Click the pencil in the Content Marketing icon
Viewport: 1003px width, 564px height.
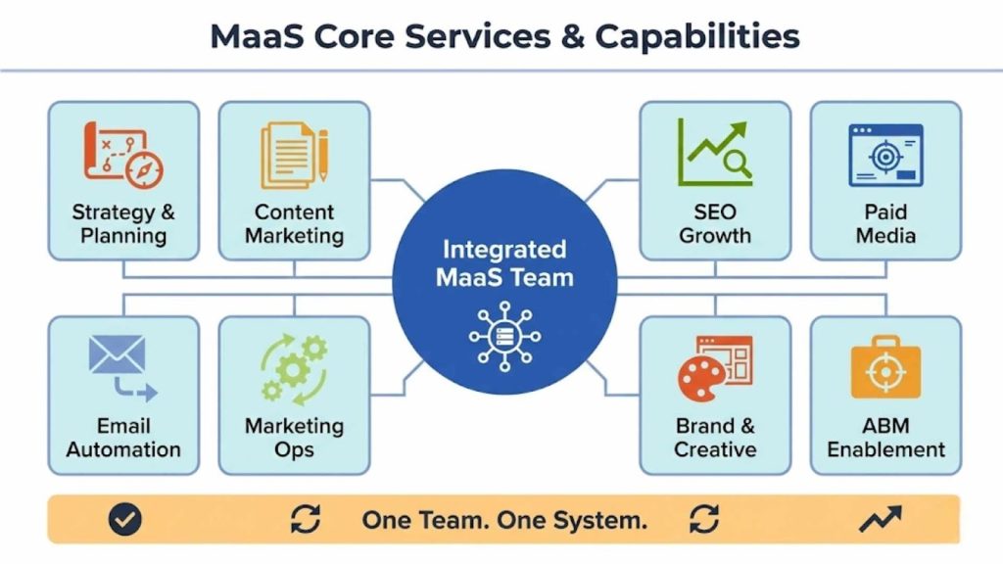coord(323,154)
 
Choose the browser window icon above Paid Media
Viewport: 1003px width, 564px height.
coord(884,155)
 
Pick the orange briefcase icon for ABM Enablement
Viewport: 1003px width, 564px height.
coord(885,370)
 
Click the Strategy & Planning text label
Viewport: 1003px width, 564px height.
coord(123,224)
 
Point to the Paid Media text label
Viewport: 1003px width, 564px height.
coord(885,224)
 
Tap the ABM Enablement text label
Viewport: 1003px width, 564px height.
coord(885,438)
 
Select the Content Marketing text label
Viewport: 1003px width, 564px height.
coord(294,224)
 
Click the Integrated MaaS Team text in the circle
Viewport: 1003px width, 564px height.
coord(504,262)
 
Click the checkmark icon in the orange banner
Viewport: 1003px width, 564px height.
coord(124,519)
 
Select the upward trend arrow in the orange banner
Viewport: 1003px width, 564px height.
coord(880,519)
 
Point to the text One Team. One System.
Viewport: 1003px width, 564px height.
coord(504,520)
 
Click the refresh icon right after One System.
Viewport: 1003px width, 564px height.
coord(703,519)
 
